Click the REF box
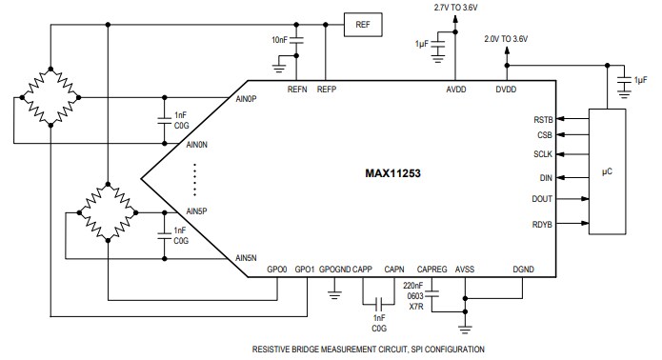coord(362,26)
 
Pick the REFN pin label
coord(296,90)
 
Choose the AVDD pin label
coord(456,90)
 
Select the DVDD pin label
coord(506,90)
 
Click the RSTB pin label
coord(542,120)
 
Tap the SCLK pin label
coord(542,153)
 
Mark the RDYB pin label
coord(541,225)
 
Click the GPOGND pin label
coord(334,270)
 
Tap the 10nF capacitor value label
coord(278,39)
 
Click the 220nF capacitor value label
coord(413,285)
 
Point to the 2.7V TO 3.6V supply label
coord(456,8)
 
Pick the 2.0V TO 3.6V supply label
coord(506,38)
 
